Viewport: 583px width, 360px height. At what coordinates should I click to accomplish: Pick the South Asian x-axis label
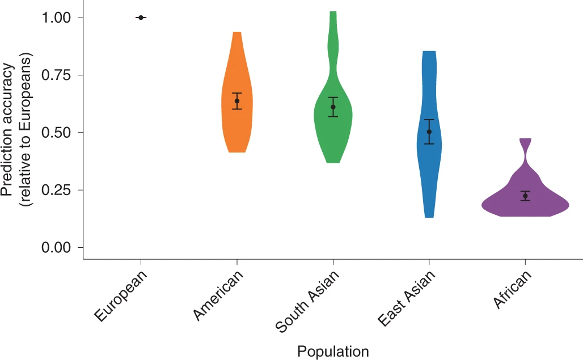click(308, 301)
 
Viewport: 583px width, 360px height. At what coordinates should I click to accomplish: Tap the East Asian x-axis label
click(407, 299)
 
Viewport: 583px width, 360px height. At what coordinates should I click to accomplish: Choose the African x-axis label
click(513, 290)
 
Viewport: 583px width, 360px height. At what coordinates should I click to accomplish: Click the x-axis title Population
click(333, 351)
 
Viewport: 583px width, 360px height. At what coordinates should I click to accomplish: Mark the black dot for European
click(141, 18)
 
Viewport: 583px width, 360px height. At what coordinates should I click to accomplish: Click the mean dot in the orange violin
click(237, 101)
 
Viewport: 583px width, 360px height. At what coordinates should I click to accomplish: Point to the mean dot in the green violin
click(333, 107)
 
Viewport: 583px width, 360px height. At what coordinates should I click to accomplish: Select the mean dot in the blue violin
click(429, 132)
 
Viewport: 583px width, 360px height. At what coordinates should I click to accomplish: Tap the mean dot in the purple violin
click(525, 196)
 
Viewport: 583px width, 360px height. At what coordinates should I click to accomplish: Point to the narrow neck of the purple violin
click(526, 154)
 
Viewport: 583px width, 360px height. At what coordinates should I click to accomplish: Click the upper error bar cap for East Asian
click(429, 120)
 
